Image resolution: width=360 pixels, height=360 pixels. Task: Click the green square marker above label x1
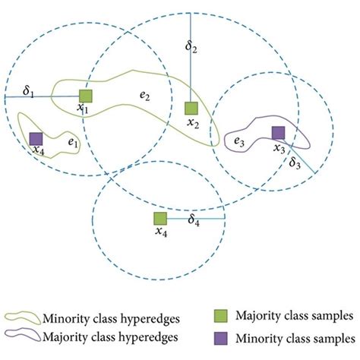[x=86, y=95]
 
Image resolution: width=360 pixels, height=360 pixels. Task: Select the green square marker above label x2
[x=191, y=109]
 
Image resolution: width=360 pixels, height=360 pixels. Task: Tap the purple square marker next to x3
[x=279, y=133]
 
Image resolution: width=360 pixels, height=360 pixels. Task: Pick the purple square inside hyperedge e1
[x=35, y=139]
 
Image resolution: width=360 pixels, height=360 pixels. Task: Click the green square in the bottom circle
[x=159, y=219]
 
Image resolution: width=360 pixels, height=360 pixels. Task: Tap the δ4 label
[x=194, y=220]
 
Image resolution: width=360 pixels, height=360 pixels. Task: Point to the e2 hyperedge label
[x=144, y=96]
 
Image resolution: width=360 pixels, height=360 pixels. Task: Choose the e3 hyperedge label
[x=238, y=141]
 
